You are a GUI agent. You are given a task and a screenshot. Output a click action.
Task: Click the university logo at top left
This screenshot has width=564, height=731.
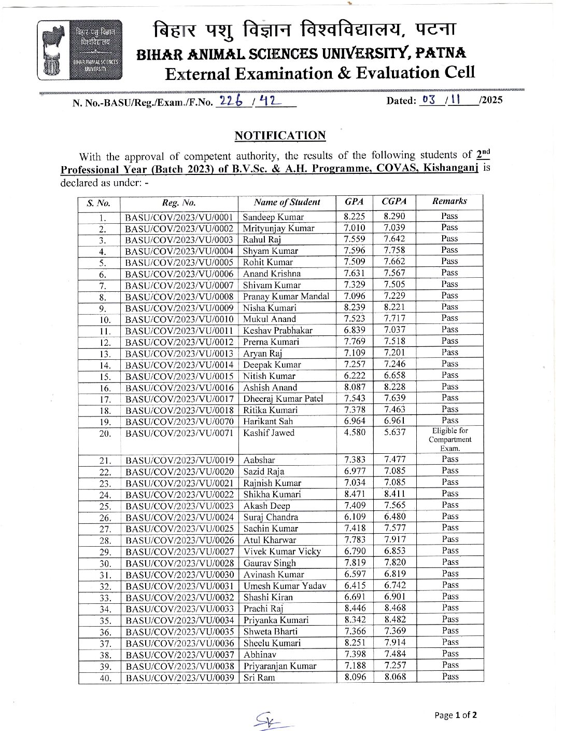point(79,50)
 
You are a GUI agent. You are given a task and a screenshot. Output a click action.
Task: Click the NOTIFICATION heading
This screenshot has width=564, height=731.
point(280,136)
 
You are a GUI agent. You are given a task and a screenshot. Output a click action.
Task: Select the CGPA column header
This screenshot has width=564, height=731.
point(394,201)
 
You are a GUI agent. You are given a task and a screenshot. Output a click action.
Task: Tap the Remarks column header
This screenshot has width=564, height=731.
point(449,201)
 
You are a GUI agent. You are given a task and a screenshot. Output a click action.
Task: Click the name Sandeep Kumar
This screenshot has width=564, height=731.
point(273,217)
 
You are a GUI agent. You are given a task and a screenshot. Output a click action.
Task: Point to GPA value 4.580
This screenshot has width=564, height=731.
point(355,432)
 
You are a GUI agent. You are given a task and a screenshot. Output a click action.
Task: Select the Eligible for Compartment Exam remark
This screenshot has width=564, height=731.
point(449,439)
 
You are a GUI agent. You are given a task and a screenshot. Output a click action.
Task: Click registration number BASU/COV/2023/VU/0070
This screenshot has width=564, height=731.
point(179,421)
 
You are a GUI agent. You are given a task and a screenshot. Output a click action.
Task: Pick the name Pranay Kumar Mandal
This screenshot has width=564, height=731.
point(286,296)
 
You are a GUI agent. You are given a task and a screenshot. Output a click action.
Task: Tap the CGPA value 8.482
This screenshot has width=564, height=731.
point(395,619)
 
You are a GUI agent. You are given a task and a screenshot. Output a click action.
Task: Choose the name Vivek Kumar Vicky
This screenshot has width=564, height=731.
point(282,551)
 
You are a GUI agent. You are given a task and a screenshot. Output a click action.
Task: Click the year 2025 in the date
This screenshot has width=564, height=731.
point(491,100)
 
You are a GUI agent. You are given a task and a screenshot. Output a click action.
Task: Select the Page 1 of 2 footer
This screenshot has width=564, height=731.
point(455,715)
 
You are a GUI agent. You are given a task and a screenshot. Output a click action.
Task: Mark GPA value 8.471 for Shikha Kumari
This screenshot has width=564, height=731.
point(355,494)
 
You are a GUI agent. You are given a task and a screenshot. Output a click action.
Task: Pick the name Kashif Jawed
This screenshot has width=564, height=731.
point(269,432)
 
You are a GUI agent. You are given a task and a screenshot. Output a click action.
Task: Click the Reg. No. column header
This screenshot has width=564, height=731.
point(179,203)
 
